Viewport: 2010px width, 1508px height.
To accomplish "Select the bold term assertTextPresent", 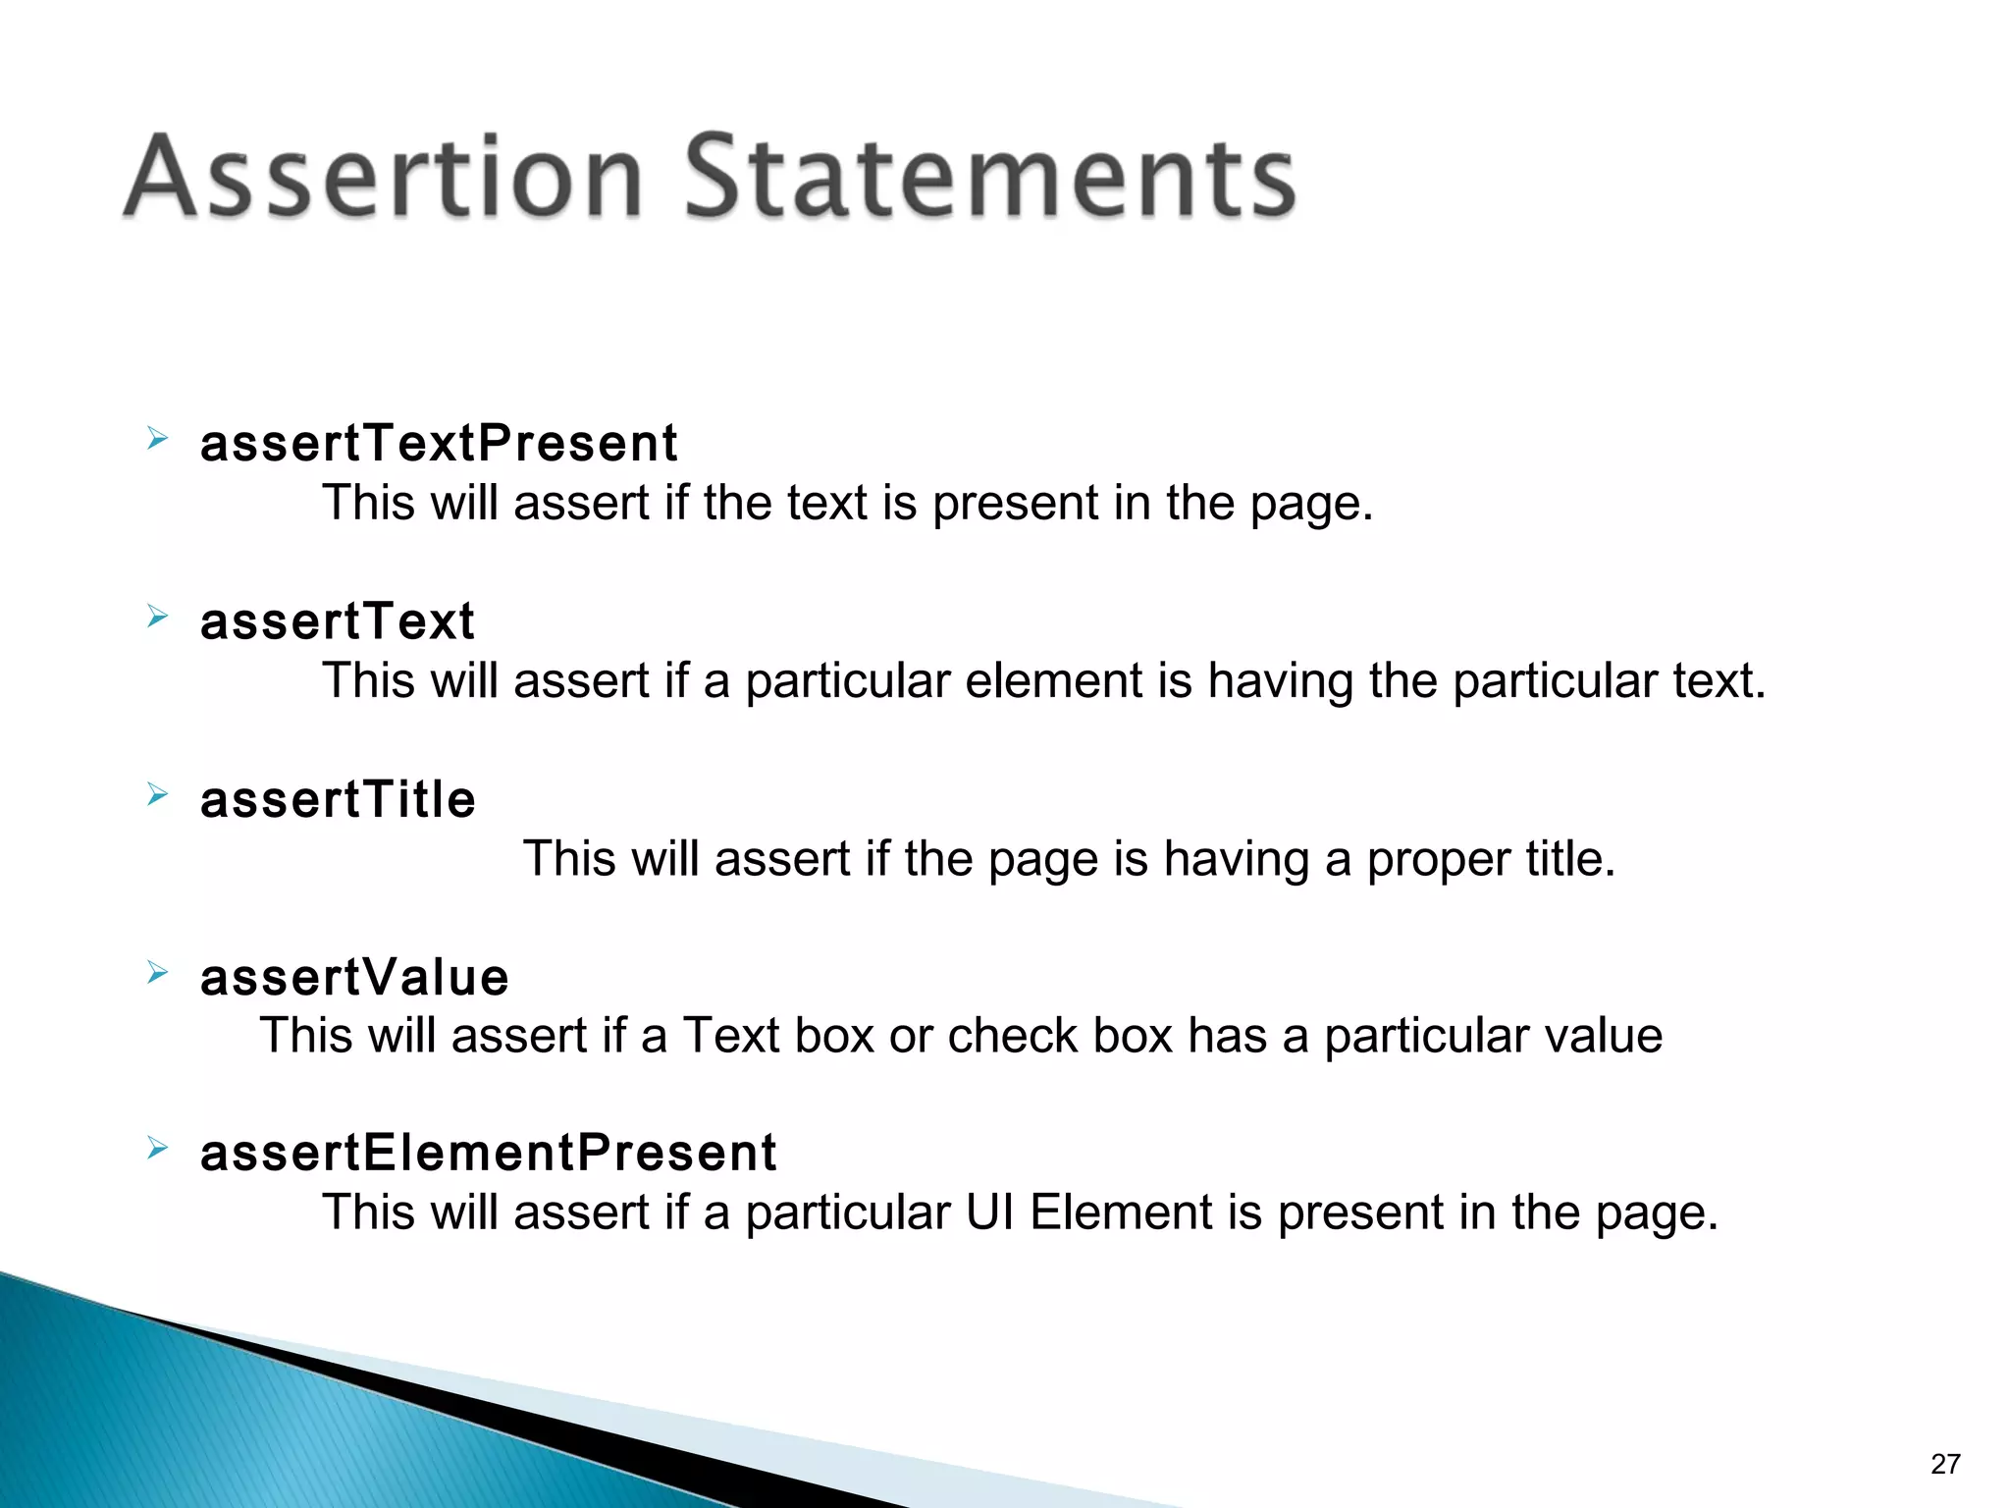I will pos(439,443).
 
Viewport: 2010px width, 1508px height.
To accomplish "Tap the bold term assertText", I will pos(338,621).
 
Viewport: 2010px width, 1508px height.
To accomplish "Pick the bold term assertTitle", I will pos(338,799).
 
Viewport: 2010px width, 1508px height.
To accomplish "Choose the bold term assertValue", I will pos(354,978).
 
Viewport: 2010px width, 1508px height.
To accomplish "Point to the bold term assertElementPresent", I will pos(488,1153).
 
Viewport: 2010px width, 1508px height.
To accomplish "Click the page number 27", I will pos(1944,1464).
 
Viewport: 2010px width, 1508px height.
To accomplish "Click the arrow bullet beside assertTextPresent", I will pos(157,438).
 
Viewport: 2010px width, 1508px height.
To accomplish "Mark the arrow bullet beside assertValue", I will pos(157,972).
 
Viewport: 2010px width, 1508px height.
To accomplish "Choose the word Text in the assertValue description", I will pos(730,1036).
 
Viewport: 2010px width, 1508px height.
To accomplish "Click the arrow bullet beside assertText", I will pos(157,616).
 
